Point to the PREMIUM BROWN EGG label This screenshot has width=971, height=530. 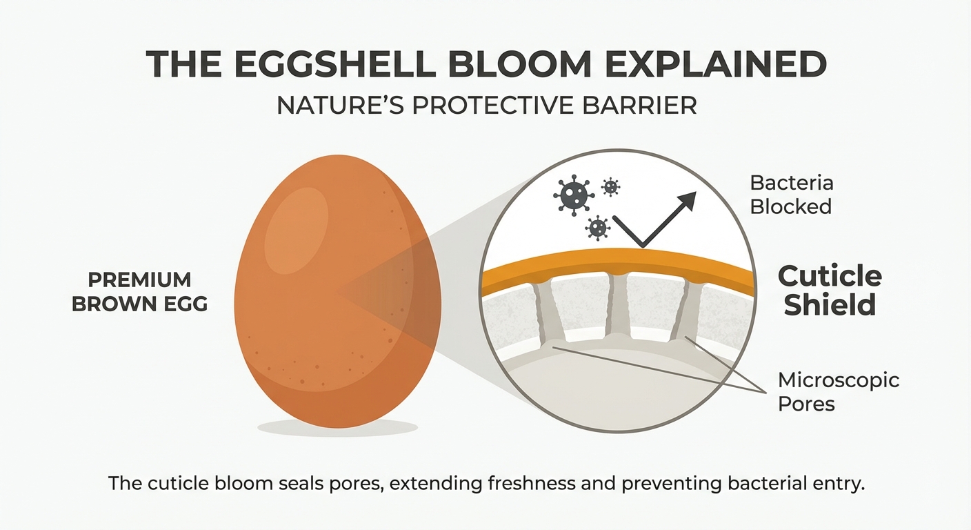pyautogui.click(x=139, y=292)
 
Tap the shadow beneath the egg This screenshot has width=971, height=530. pyautogui.click(x=338, y=428)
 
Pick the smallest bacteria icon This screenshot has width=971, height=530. pyautogui.click(x=610, y=187)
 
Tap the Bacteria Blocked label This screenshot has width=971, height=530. pyautogui.click(x=791, y=195)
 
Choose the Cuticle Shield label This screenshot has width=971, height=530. pyautogui.click(x=830, y=290)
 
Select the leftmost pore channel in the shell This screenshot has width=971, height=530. pyautogui.click(x=550, y=311)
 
